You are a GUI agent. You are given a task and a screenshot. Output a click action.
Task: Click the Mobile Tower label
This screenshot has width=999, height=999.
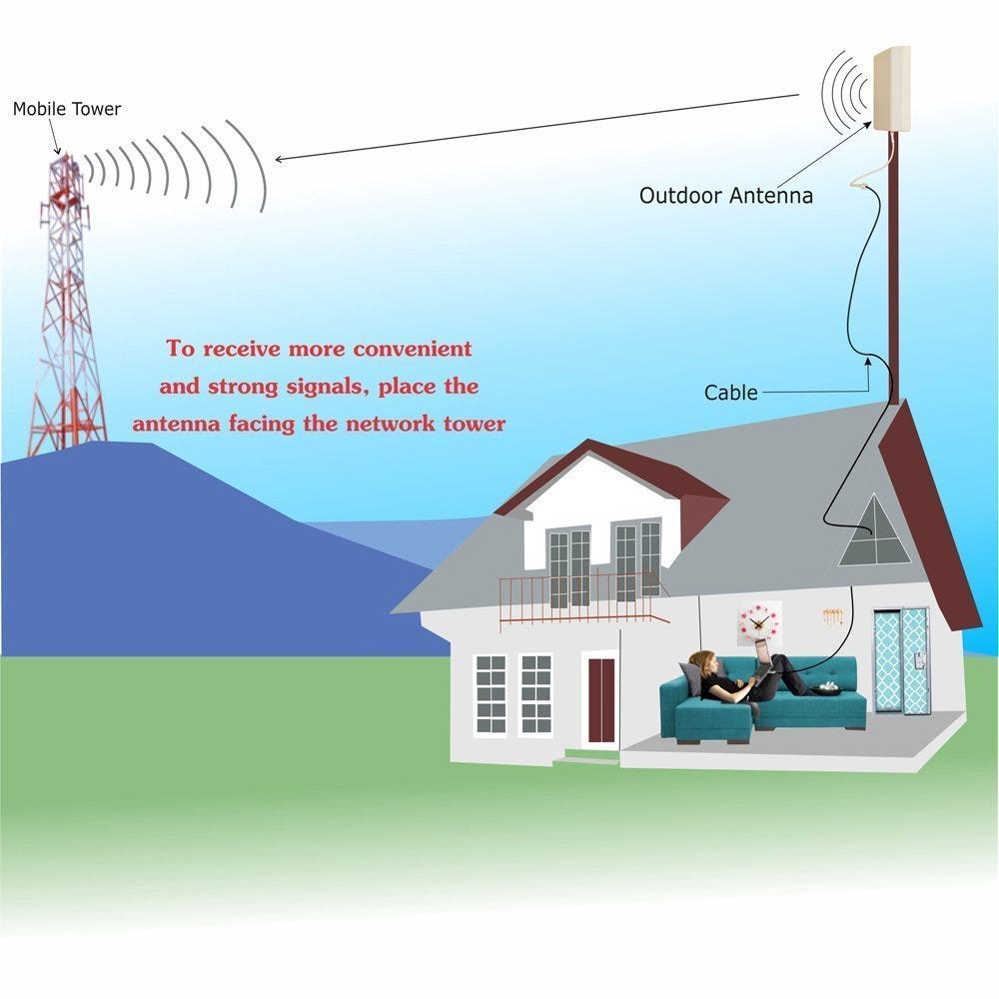[x=66, y=109]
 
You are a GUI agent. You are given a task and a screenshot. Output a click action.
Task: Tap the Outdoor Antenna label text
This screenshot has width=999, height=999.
[x=725, y=196]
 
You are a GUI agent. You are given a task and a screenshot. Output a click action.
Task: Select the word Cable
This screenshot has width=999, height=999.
[x=730, y=393]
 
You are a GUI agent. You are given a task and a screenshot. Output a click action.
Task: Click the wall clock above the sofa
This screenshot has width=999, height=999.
[x=759, y=622]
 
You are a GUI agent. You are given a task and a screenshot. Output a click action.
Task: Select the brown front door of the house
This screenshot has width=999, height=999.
[x=601, y=699]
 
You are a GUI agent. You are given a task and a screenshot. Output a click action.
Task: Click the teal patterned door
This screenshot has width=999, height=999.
[x=902, y=660]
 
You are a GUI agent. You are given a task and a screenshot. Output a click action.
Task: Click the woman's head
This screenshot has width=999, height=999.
[x=704, y=662]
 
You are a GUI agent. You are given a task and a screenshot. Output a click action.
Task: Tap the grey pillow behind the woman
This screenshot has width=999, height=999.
[x=692, y=679]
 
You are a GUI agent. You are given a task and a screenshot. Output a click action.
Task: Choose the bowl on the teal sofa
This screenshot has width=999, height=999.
[x=826, y=688]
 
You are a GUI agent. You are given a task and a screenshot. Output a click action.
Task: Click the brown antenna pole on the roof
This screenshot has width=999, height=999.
[x=893, y=270]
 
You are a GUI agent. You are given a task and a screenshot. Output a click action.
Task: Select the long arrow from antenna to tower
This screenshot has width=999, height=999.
[x=539, y=127]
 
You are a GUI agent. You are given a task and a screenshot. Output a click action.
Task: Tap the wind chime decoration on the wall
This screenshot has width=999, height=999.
[x=832, y=617]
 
